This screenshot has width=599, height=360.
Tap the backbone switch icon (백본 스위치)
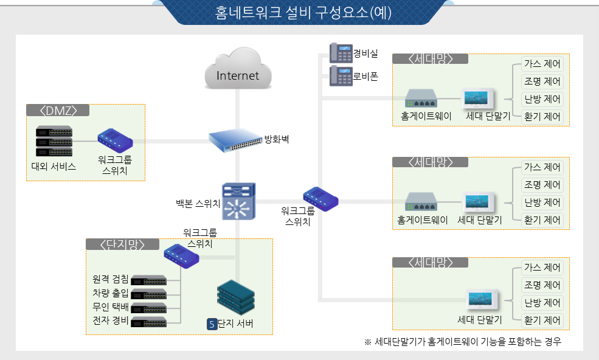[x=239, y=201]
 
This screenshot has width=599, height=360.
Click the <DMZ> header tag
[x=58, y=110]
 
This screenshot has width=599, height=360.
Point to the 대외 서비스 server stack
[x=54, y=142]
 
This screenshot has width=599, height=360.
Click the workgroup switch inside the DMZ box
[x=115, y=140]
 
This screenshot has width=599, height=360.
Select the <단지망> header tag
[x=122, y=244]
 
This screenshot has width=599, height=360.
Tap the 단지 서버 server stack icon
[x=235, y=297]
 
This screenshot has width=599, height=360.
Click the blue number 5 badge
[x=212, y=324]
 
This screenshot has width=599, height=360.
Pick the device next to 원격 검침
[x=148, y=280]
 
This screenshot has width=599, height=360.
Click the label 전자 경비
[x=110, y=320]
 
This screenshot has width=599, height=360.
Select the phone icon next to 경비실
[x=341, y=53]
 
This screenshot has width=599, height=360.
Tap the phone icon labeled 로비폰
[x=341, y=76]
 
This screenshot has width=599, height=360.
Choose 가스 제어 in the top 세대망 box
[x=542, y=64]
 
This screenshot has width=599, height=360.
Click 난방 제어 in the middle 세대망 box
[x=542, y=202]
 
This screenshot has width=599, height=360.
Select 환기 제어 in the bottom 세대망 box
[x=542, y=320]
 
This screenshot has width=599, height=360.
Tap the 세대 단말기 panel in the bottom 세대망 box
[x=483, y=301]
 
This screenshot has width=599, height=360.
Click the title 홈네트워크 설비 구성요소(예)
[x=303, y=12]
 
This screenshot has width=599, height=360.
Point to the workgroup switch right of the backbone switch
[x=320, y=199]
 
